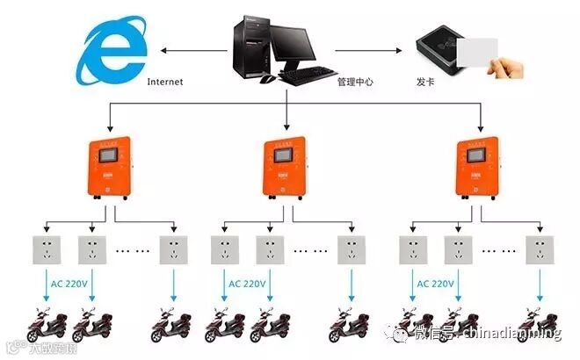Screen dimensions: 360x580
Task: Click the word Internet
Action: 165,81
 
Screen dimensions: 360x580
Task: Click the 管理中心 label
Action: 355,82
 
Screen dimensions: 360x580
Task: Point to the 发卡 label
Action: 426,82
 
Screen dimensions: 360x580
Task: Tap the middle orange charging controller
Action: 286,169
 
